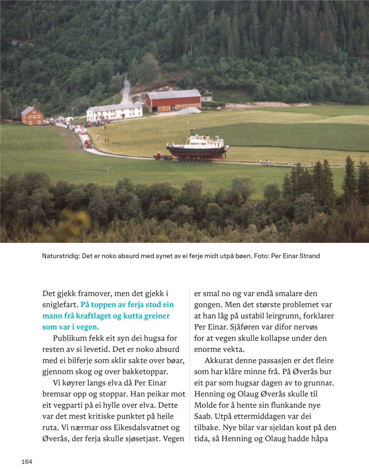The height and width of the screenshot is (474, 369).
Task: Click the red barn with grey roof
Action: [x=173, y=101]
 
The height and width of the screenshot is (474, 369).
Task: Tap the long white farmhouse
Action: [x=114, y=112]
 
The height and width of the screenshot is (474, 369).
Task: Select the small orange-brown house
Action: [x=32, y=116]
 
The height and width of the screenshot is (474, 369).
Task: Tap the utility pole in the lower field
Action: [x=107, y=174]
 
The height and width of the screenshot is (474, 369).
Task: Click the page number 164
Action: [x=27, y=462]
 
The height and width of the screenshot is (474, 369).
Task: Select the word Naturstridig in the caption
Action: [x=60, y=256]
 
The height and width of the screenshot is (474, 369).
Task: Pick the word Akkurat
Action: [x=219, y=361]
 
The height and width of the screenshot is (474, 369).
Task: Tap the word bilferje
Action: [x=87, y=361]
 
